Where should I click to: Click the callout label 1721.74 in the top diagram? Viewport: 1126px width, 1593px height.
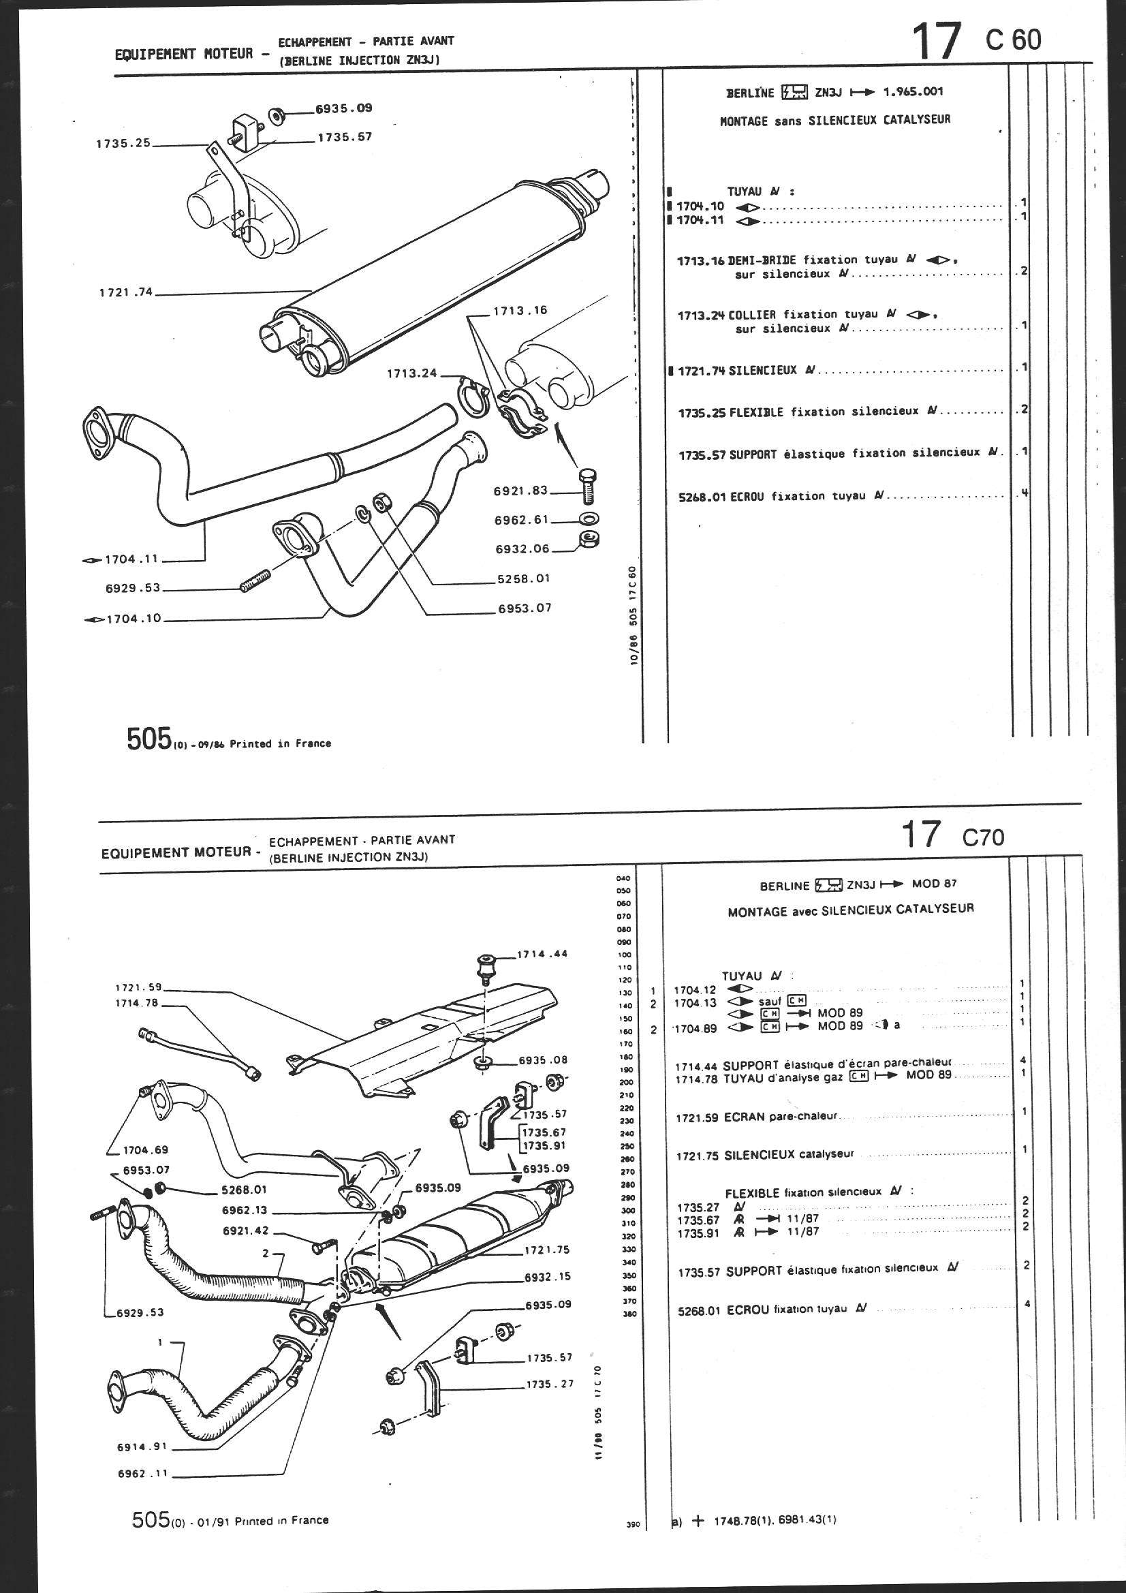(x=125, y=293)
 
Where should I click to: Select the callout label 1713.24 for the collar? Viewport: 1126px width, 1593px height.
(x=412, y=373)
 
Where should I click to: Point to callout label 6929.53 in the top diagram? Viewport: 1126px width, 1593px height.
(x=133, y=587)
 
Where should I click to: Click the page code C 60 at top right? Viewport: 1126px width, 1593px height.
(x=1013, y=40)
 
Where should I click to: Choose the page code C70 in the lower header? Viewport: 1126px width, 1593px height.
(x=982, y=838)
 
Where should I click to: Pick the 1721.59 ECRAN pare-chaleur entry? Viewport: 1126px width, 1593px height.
(x=756, y=1117)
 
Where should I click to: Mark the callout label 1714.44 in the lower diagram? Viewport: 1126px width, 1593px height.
(x=543, y=953)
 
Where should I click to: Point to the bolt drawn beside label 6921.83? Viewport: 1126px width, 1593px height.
(x=589, y=488)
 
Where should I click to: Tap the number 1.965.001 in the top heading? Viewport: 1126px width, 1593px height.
(x=913, y=91)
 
